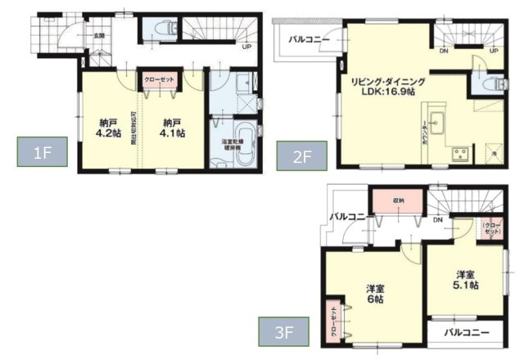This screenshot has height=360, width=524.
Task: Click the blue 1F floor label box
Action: tap(38, 153)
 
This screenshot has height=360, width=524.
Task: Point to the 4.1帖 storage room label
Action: tap(173, 128)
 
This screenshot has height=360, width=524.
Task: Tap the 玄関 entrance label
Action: tap(98, 36)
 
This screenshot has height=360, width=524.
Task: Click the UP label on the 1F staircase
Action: tap(246, 46)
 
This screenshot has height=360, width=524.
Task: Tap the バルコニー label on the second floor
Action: tap(307, 39)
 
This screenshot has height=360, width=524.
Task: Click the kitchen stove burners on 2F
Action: tap(459, 153)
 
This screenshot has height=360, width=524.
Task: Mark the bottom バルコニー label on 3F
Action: tap(468, 333)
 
